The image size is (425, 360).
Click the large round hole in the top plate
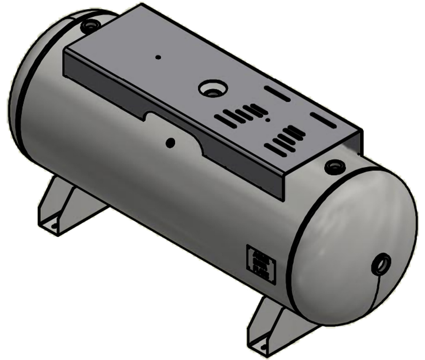point(213,88)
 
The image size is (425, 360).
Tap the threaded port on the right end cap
point(381,264)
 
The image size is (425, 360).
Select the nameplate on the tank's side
point(261,263)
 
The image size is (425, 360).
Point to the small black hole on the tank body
point(170,143)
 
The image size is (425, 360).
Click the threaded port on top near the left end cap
point(88,26)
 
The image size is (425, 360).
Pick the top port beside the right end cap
point(335,167)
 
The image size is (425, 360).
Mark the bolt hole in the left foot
point(54,226)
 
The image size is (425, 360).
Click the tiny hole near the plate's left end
point(158,57)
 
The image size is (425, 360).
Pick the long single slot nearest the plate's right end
point(323,120)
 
